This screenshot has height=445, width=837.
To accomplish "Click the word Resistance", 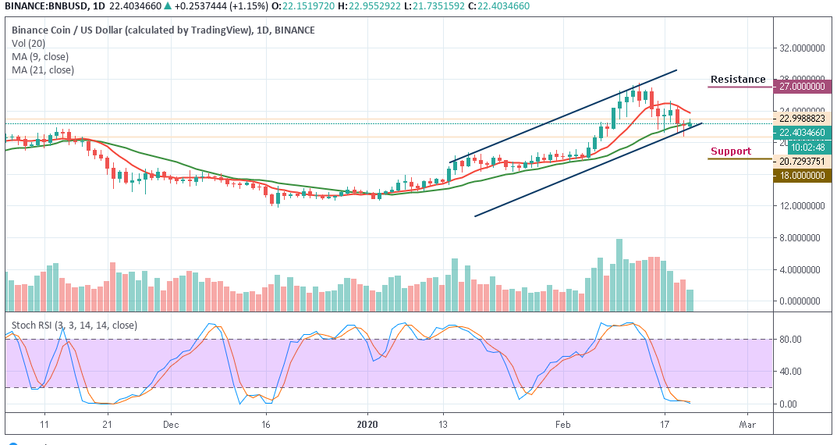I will pyautogui.click(x=737, y=80).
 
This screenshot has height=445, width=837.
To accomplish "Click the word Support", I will pyautogui.click(x=730, y=151).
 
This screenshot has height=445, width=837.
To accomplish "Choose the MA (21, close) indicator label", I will pyautogui.click(x=43, y=70).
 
